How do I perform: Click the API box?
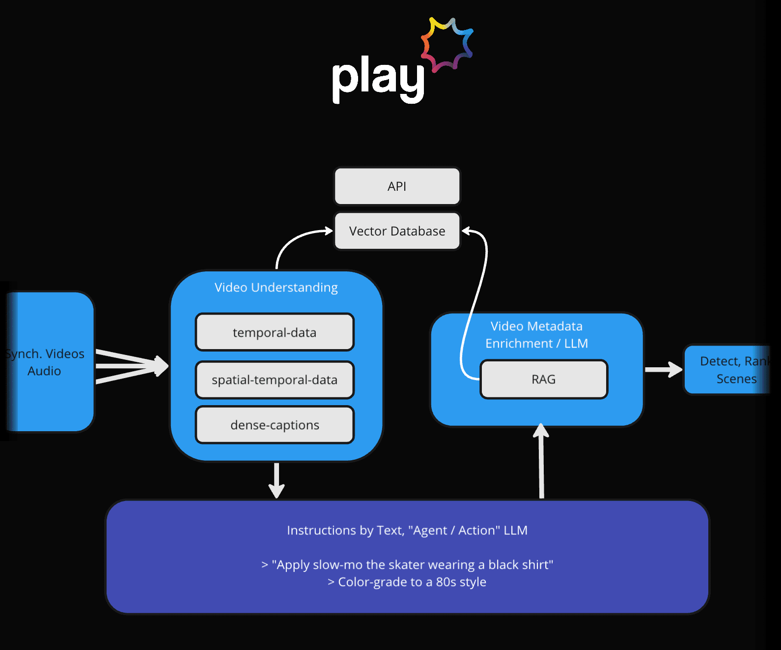tap(397, 186)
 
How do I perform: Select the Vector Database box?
tap(397, 231)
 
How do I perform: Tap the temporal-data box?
tap(275, 332)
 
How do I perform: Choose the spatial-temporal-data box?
tap(275, 380)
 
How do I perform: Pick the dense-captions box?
tap(275, 425)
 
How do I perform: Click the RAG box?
tap(544, 380)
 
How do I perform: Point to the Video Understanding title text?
tap(276, 288)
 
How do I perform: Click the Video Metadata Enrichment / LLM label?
tap(536, 335)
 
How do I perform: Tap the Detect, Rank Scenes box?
tap(727, 370)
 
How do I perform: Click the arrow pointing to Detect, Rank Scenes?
tap(663, 370)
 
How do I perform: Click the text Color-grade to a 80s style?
tap(407, 582)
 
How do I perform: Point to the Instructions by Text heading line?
tap(407, 531)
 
